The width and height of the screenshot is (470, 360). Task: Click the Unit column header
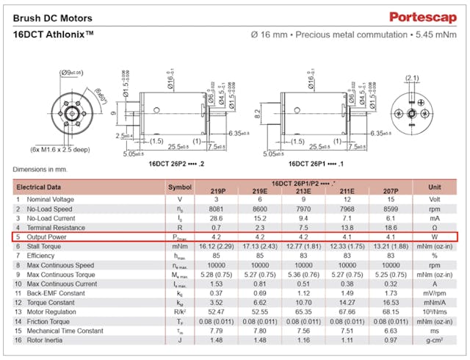pos(433,187)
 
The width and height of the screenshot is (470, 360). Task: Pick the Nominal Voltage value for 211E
pos(347,199)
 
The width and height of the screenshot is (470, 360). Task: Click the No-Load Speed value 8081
pos(217,209)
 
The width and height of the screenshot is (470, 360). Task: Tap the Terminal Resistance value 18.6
pos(390,228)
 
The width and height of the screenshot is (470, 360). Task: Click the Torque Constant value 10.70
pos(304,303)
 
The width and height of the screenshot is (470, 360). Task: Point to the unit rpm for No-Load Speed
pos(433,209)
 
